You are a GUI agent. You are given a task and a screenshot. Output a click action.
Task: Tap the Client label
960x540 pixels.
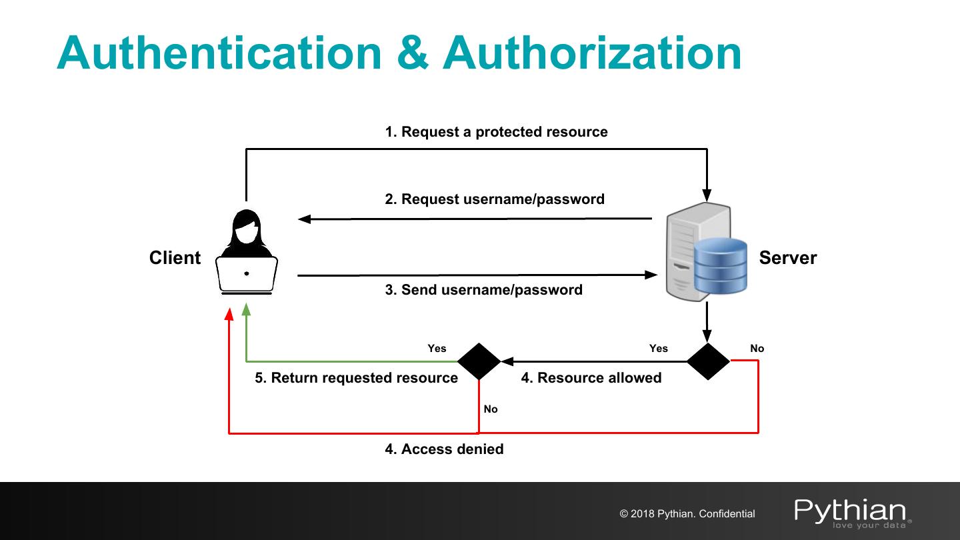tap(175, 258)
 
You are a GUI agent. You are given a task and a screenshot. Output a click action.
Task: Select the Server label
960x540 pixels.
tap(787, 258)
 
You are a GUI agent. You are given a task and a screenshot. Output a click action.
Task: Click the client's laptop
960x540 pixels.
tap(247, 275)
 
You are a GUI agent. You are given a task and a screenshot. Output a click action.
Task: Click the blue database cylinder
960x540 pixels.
tap(720, 267)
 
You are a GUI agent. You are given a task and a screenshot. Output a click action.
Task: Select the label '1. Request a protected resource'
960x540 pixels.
tap(496, 132)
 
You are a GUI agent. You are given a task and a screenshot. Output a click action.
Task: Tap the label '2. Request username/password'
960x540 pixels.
tap(495, 199)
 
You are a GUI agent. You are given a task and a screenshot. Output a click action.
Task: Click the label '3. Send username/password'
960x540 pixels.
tap(483, 290)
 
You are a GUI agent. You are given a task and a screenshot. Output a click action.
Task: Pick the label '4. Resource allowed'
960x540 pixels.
tap(591, 378)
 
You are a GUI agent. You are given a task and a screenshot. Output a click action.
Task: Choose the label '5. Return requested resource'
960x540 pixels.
tap(356, 378)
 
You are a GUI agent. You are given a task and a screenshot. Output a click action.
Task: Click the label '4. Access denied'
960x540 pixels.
tap(444, 449)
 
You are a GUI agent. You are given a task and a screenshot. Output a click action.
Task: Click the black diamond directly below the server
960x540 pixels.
tap(708, 361)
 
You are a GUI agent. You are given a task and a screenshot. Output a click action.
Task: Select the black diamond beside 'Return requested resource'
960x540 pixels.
tap(479, 361)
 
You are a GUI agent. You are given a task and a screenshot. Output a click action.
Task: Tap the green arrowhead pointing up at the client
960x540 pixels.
tap(246, 309)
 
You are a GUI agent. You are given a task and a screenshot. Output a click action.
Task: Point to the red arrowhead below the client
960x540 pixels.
tap(229, 313)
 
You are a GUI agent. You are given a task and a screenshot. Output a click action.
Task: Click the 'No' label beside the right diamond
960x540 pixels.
tap(757, 348)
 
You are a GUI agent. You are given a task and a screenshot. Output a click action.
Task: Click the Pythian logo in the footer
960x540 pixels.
tap(852, 512)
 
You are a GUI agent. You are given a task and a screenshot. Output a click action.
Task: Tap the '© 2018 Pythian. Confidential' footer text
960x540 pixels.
tap(687, 514)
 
